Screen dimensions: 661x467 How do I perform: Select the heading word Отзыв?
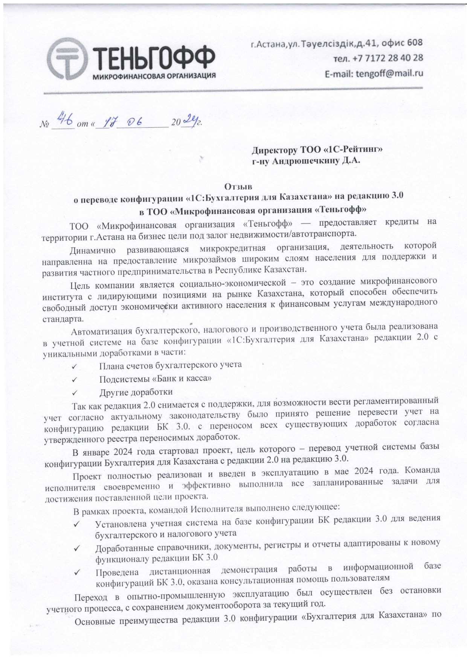[236, 186]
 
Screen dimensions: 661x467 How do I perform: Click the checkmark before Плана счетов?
[74, 366]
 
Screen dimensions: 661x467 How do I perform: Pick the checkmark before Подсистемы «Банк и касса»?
[74, 379]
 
